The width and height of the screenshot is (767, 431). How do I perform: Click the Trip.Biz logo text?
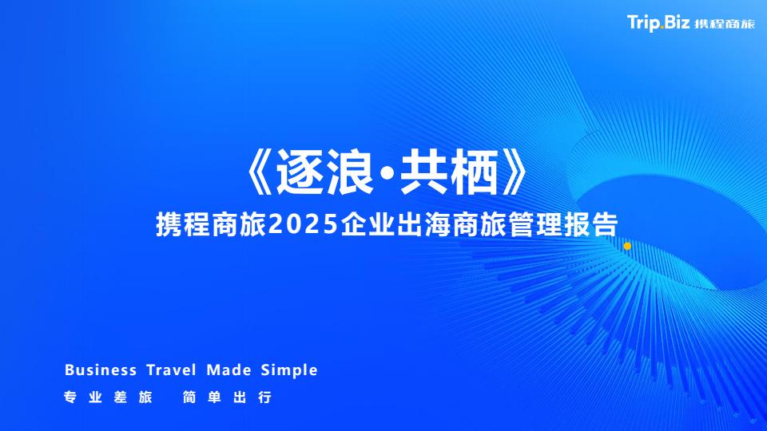coord(658,22)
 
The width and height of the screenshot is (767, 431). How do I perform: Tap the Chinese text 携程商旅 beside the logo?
coord(725,24)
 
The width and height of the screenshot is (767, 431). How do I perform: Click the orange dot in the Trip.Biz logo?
coord(662,28)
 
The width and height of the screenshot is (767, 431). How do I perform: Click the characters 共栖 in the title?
coord(449,172)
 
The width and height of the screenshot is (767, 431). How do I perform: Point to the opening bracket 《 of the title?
coord(259,172)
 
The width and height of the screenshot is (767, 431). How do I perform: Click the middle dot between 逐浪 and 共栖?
coord(387,173)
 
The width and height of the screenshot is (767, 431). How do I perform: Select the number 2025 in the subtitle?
coord(304,225)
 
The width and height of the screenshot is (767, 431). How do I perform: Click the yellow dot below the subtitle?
coord(627,247)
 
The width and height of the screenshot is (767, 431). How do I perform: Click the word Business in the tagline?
coord(101,370)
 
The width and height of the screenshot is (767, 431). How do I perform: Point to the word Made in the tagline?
coord(229,370)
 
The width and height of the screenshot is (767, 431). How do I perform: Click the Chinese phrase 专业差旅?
coord(108,397)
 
